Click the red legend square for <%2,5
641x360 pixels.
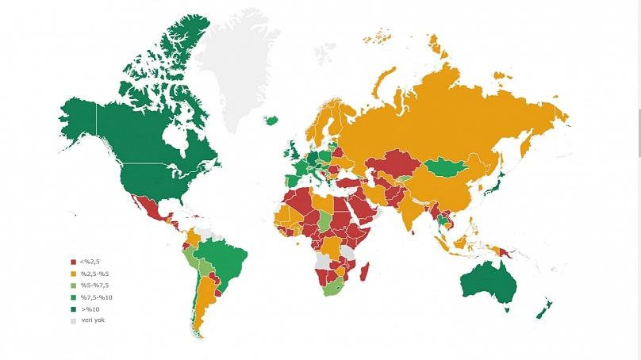73,262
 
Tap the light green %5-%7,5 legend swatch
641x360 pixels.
73,285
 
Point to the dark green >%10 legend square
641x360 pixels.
73,309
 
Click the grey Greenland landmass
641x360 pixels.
238,63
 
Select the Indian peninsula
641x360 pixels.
413,210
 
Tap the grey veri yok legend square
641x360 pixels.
73,321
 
